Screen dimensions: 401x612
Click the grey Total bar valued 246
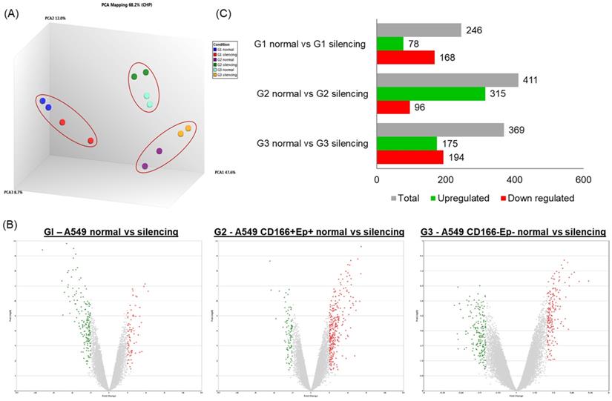click(419, 30)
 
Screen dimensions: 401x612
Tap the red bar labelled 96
click(393, 107)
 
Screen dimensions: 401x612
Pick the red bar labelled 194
click(410, 157)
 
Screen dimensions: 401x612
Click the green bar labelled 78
click(390, 44)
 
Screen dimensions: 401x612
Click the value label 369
click(516, 130)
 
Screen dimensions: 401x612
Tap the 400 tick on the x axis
click(514, 180)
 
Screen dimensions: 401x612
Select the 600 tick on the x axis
click(583, 180)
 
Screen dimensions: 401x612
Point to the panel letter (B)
click(12, 222)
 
